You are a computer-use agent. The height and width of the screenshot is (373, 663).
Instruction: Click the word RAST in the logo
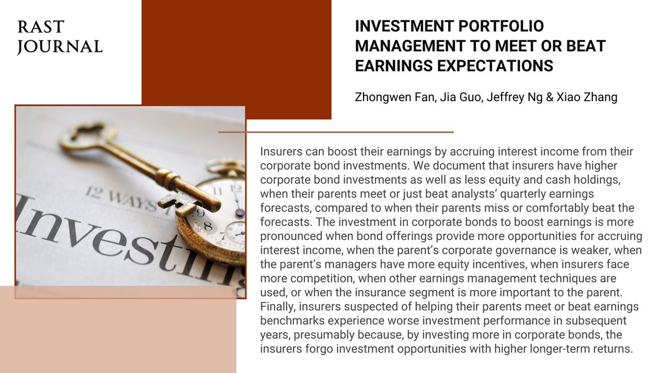pyautogui.click(x=40, y=27)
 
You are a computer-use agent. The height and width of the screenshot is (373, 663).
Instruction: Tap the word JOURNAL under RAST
pyautogui.click(x=60, y=47)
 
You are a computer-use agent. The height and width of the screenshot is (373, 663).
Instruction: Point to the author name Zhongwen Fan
pyautogui.click(x=391, y=97)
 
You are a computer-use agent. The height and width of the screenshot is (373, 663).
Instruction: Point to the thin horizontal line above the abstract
pyautogui.click(x=336, y=133)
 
